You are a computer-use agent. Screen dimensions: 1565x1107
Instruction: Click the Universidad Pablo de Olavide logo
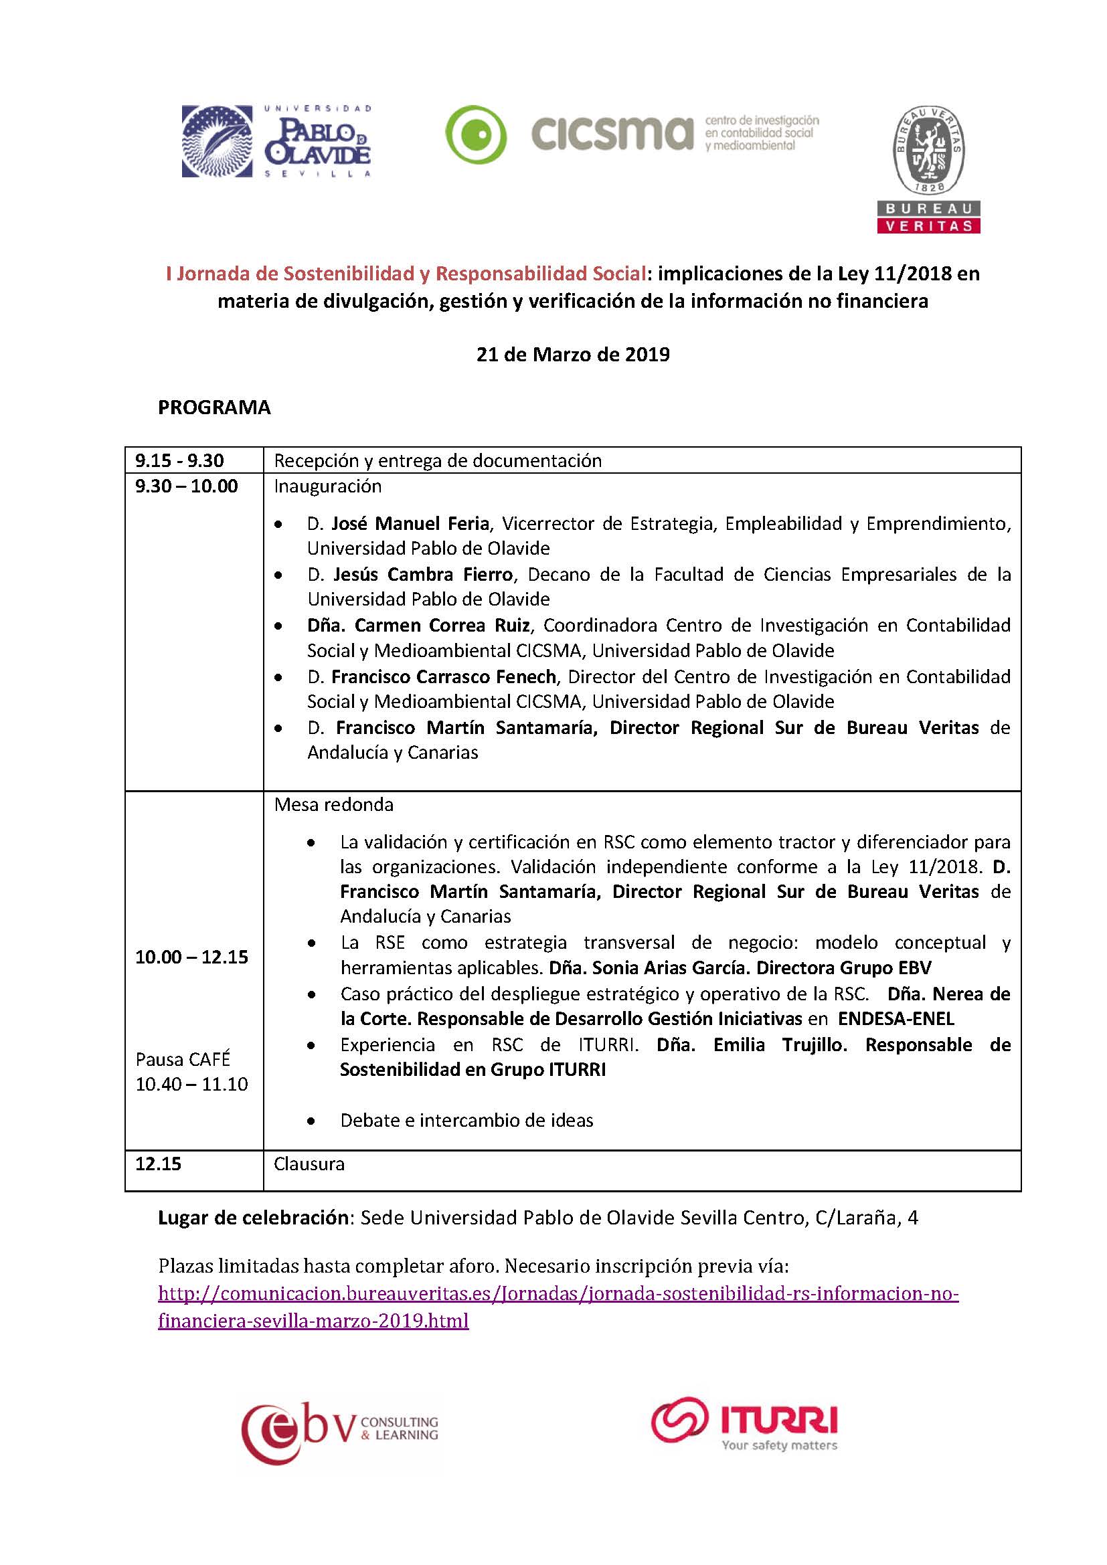[276, 141]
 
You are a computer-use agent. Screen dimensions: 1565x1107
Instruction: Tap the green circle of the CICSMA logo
[476, 135]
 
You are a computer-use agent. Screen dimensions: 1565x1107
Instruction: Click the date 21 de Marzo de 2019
[573, 355]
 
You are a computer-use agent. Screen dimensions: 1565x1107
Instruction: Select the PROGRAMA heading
[214, 407]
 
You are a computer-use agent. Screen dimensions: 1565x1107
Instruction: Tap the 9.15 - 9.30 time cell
[179, 461]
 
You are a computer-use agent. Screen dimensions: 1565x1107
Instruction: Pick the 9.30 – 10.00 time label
[186, 486]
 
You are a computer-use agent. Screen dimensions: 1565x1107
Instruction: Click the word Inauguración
[327, 486]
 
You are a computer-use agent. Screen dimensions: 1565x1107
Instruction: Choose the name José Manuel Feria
[410, 523]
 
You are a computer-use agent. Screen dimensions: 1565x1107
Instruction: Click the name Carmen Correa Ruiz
[442, 626]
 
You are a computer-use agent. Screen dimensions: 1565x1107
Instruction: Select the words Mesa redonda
[333, 805]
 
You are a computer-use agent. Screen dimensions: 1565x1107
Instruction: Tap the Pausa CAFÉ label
[183, 1059]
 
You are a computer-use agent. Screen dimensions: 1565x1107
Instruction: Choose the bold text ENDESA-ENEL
[896, 1019]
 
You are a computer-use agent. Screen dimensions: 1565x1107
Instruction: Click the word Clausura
[309, 1164]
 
